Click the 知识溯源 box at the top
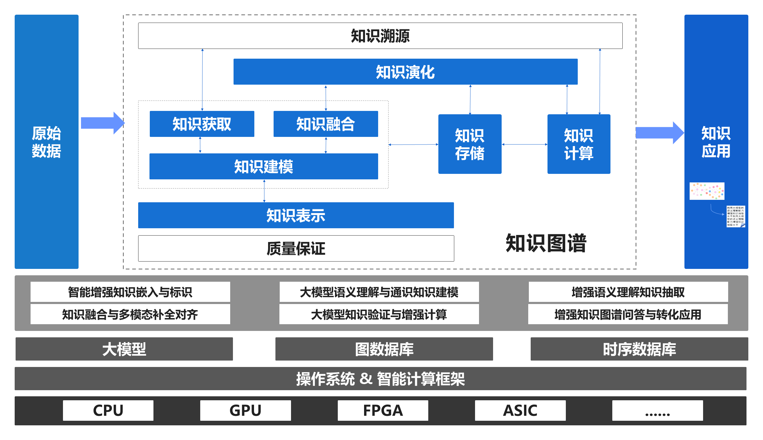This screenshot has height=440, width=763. click(x=380, y=36)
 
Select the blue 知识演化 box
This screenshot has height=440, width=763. click(x=405, y=72)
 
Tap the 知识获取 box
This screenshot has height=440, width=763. click(x=202, y=124)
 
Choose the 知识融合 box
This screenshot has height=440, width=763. click(x=326, y=124)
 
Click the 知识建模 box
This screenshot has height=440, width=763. click(x=264, y=167)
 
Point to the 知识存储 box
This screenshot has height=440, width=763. click(x=470, y=144)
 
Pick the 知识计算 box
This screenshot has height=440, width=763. click(x=579, y=144)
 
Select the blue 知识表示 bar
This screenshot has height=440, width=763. click(x=296, y=215)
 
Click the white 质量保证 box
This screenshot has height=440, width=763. click(x=296, y=248)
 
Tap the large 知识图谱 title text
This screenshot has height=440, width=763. click(x=546, y=243)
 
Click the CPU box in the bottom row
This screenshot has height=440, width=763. click(x=108, y=410)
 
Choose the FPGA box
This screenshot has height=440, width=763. click(x=383, y=410)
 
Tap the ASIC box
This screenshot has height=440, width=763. click(x=520, y=410)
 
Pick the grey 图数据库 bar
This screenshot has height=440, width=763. click(x=384, y=349)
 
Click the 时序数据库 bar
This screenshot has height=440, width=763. click(x=639, y=349)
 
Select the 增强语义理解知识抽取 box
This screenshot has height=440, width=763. click(x=628, y=292)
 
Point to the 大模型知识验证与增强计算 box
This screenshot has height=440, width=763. click(x=379, y=314)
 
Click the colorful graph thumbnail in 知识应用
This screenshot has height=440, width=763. click(x=707, y=191)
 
